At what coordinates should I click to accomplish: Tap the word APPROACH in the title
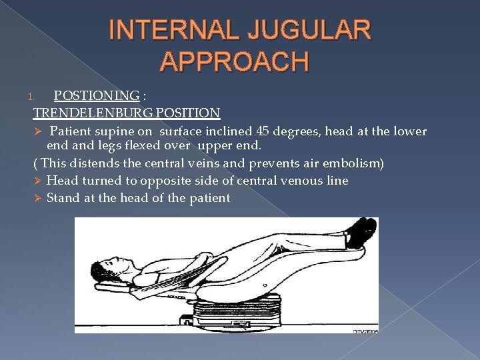(235, 61)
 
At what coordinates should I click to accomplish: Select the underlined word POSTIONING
(96, 95)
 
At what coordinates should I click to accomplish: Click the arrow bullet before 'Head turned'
(38, 181)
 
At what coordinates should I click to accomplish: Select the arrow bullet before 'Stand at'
(38, 198)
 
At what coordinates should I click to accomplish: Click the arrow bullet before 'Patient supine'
(38, 131)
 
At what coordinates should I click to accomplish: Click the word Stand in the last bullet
(63, 198)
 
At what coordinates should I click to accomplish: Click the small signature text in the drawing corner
(365, 330)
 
